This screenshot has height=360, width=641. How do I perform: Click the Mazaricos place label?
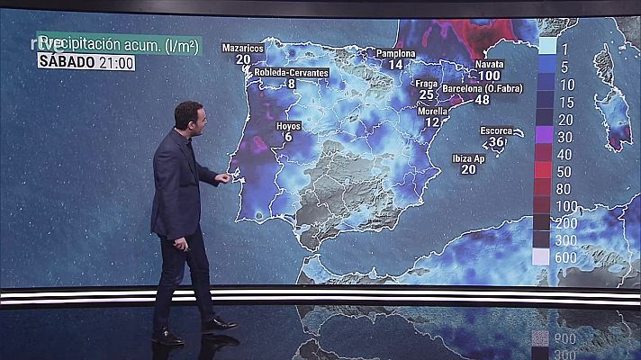(243, 48)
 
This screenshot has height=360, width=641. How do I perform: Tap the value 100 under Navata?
(489, 75)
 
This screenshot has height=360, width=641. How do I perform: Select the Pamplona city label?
(396, 53)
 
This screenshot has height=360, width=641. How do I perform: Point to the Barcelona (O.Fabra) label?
(482, 88)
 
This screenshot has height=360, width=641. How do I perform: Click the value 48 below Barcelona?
(482, 100)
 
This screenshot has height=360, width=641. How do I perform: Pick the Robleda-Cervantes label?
(291, 72)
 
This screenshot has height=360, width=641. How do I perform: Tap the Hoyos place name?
(288, 126)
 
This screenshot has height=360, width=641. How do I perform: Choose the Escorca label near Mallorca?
(496, 130)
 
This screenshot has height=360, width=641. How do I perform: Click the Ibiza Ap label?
(469, 158)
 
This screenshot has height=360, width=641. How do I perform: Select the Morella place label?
(433, 112)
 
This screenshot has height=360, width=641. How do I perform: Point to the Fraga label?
(427, 84)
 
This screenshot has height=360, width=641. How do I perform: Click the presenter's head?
(188, 117)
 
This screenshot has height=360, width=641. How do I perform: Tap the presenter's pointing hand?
(221, 178)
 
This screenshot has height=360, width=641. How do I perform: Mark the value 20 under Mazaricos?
(243, 59)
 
